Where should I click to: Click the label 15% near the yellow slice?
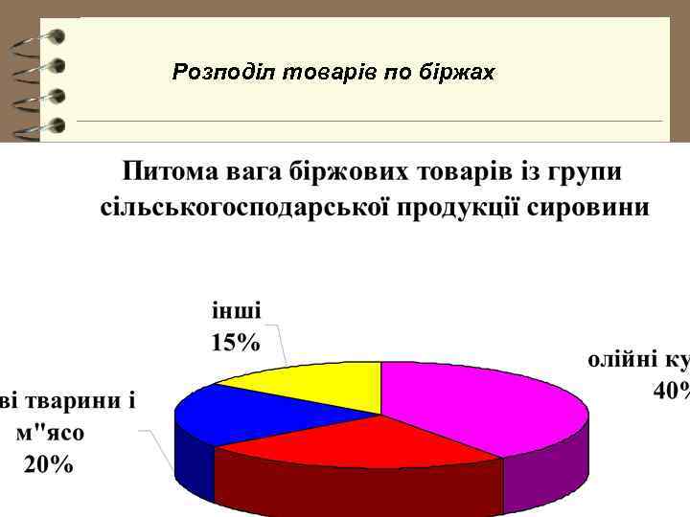pos(235,343)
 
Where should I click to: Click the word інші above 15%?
pos(236,312)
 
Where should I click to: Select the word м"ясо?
pos(50,432)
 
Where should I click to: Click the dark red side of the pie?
pos(355,488)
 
